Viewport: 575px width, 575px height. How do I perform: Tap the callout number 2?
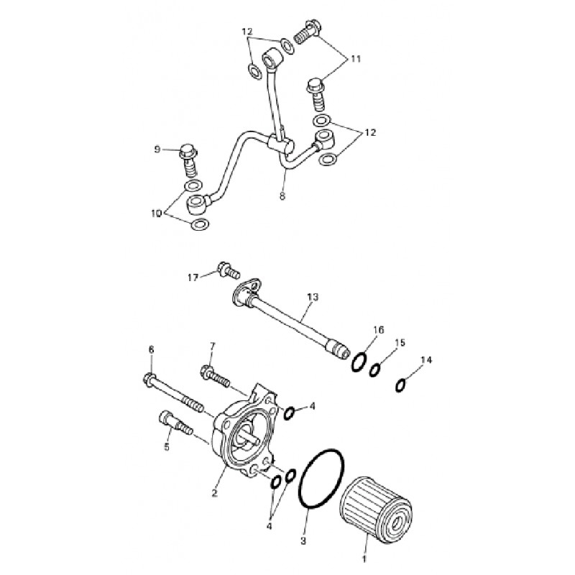(x=215, y=493)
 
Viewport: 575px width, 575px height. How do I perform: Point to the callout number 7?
(x=213, y=346)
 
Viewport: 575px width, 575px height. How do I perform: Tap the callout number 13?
(x=313, y=297)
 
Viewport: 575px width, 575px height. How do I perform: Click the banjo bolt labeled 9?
(x=189, y=160)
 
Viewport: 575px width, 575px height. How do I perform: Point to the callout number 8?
(x=282, y=196)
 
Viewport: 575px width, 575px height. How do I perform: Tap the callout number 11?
(x=355, y=59)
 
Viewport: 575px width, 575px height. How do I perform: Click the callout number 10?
(x=156, y=213)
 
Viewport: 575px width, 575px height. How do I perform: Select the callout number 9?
(x=157, y=150)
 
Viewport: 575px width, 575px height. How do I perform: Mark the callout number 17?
(x=193, y=277)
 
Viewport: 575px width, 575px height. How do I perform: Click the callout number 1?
(x=364, y=559)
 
